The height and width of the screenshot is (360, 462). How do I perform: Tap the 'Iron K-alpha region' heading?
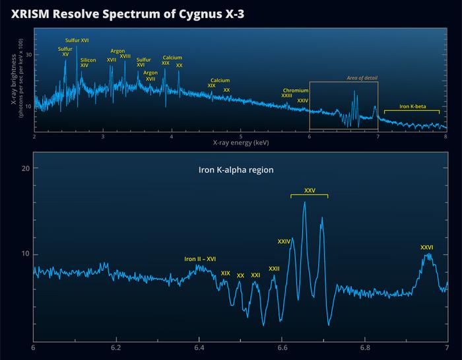point(236,170)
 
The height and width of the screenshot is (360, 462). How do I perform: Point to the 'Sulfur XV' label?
point(65,52)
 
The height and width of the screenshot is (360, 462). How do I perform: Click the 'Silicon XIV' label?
point(88,63)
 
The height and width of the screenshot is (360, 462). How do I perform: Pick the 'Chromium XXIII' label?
point(291,93)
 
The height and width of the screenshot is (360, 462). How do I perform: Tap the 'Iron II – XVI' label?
point(200,259)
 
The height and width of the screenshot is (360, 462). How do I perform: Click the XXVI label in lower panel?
point(426,248)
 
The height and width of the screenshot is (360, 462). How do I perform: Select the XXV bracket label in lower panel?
point(310,190)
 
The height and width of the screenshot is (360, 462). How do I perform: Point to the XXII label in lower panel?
point(274,269)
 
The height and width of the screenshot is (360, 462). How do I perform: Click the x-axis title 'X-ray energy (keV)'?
point(240,142)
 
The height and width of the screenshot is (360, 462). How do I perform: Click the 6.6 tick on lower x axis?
point(282,347)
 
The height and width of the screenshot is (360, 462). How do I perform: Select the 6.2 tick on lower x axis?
point(116,347)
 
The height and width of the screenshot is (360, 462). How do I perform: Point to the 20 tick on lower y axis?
point(25,168)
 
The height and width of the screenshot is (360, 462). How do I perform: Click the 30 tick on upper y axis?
point(28,55)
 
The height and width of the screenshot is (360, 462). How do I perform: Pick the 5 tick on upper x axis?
point(240,136)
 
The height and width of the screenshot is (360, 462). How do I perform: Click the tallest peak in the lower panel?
point(304,203)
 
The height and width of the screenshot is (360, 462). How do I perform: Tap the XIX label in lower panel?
point(226,273)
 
